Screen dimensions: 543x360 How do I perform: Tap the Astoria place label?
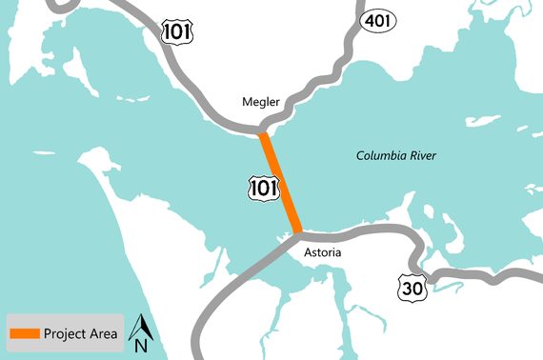tap(322, 253)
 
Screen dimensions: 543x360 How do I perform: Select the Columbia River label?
tap(400, 155)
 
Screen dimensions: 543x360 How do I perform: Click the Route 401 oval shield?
tap(375, 20)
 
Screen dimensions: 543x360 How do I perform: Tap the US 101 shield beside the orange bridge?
tap(263, 188)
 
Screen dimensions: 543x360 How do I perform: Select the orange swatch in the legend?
tap(25, 333)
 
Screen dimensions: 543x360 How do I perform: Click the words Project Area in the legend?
tap(81, 333)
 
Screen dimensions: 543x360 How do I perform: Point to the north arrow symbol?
tap(140, 326)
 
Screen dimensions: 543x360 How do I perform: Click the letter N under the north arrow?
tap(140, 347)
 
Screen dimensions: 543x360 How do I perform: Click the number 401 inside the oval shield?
tap(375, 20)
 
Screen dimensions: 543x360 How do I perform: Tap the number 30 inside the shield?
tap(412, 286)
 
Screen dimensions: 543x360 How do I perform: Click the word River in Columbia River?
tap(428, 155)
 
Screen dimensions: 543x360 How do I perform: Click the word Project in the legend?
tap(67, 333)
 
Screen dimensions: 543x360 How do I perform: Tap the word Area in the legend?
tap(104, 333)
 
